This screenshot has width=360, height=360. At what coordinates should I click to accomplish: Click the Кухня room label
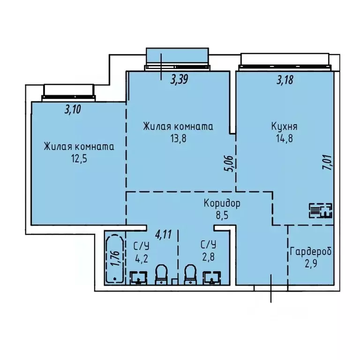coord(284,127)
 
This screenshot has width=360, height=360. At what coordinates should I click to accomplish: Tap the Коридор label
coord(222,203)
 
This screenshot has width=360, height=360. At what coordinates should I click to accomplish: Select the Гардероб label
coord(311,252)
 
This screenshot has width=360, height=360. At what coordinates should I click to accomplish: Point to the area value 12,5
coord(78,158)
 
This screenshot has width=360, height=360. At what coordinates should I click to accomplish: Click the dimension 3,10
coord(72,110)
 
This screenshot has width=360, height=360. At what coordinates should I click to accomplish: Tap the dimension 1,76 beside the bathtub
coord(112,259)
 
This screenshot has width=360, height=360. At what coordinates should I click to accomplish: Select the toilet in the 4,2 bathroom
coord(161,274)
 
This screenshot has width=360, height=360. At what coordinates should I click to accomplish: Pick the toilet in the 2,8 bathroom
coord(190,274)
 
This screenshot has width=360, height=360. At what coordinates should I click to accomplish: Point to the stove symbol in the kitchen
coord(321,211)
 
